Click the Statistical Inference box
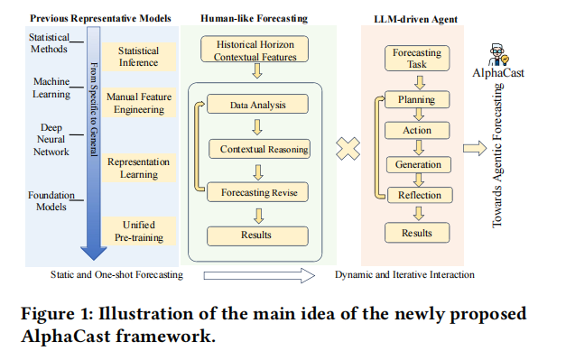click(139, 57)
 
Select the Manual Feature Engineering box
click(139, 103)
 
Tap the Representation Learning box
click(139, 168)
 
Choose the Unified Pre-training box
click(139, 231)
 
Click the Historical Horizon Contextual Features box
click(255, 49)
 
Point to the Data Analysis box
click(257, 105)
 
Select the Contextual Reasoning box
click(260, 149)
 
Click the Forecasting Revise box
click(257, 192)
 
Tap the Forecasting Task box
click(417, 58)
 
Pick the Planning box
click(417, 99)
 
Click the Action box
click(417, 130)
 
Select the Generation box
click(418, 164)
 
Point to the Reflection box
click(420, 195)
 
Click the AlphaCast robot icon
click(499, 55)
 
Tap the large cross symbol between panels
click(348, 149)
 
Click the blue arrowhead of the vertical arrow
click(94, 254)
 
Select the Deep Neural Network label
click(51, 139)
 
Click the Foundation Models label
click(51, 201)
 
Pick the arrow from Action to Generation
click(419, 147)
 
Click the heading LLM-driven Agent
click(415, 19)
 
